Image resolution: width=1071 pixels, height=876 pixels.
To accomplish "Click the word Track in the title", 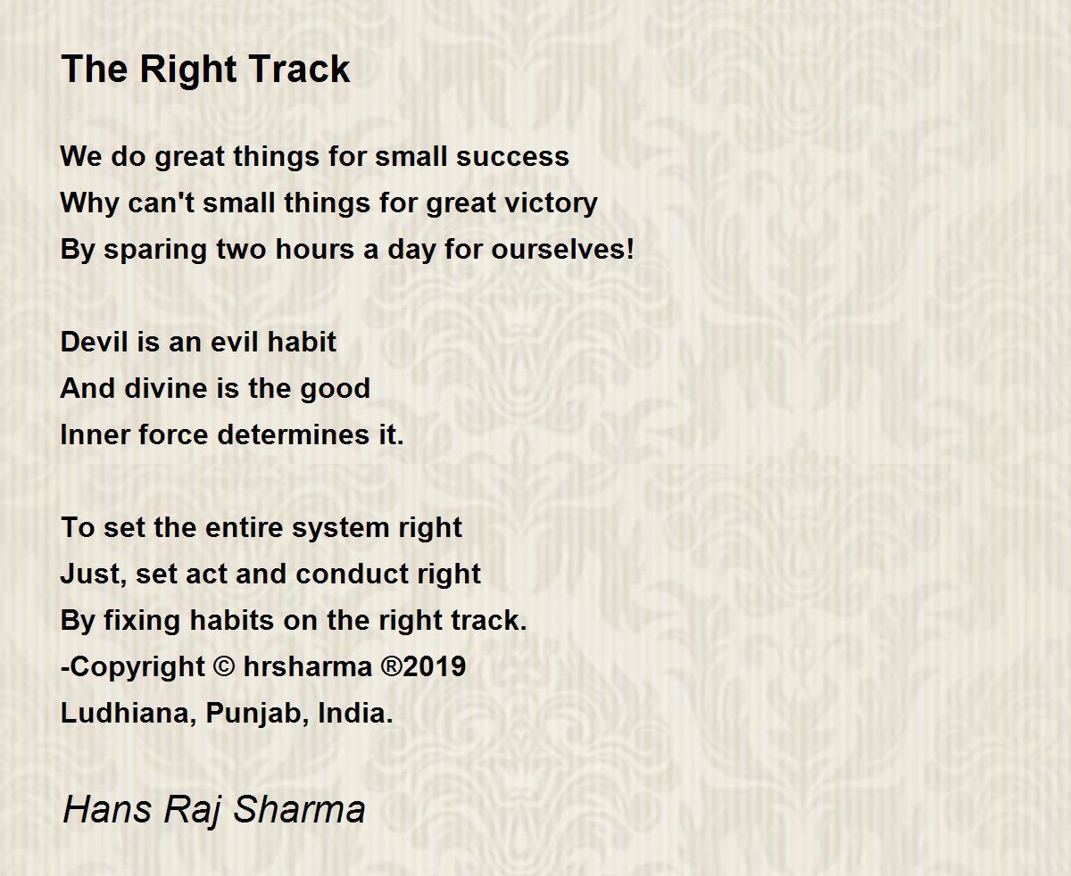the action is click(x=299, y=69).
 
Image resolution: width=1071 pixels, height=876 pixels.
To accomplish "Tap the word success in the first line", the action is click(x=512, y=156).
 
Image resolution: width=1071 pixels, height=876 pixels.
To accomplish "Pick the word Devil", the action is click(x=94, y=342).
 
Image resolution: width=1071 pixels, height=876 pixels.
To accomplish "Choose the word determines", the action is click(x=294, y=435).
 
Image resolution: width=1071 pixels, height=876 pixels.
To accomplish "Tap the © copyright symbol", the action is click(x=224, y=666).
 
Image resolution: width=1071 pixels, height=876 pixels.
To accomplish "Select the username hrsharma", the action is click(x=308, y=666).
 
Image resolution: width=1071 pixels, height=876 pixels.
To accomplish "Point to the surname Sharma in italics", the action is click(x=299, y=808).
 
